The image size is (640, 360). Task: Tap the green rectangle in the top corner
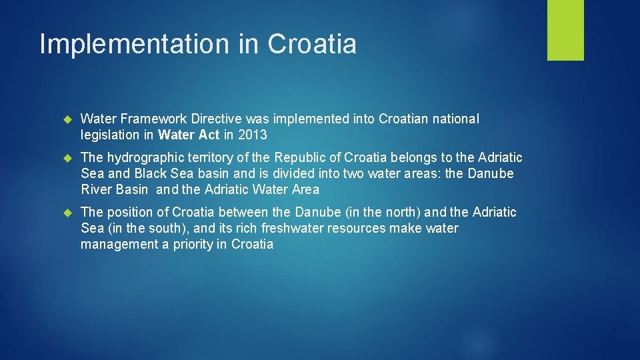565,30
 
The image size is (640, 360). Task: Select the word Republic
306,158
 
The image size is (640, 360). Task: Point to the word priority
193,245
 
